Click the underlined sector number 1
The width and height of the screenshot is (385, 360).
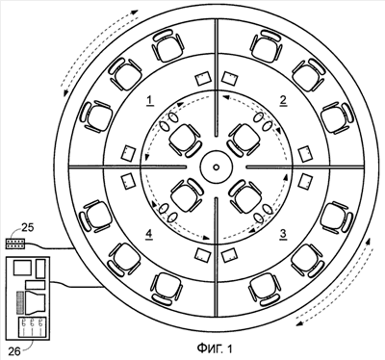pyautogui.click(x=150, y=101)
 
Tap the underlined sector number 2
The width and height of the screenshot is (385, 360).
pyautogui.click(x=283, y=100)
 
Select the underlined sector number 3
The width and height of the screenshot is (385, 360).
pyautogui.click(x=283, y=234)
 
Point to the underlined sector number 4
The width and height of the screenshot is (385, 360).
pyautogui.click(x=149, y=234)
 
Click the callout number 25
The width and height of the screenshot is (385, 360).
pyautogui.click(x=28, y=228)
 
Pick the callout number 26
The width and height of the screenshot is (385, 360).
pyautogui.click(x=14, y=351)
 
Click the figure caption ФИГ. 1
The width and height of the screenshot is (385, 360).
pyautogui.click(x=215, y=348)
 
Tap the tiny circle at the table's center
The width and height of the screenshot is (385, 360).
pyautogui.click(x=216, y=167)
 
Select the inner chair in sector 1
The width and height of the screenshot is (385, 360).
pyautogui.click(x=186, y=141)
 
